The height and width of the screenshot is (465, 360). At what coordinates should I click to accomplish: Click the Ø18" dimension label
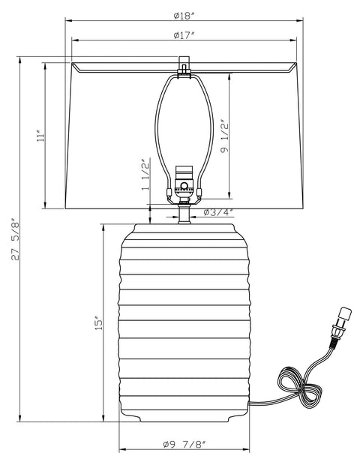tap(184, 16)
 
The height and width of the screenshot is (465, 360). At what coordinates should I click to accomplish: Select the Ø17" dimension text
tap(184, 35)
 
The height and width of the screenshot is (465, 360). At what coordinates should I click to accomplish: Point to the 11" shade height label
tap(40, 136)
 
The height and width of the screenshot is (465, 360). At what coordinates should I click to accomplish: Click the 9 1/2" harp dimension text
tap(224, 136)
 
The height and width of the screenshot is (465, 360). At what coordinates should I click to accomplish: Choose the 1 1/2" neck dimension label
tap(145, 175)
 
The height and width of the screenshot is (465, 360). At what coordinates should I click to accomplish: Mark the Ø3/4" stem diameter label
tap(218, 212)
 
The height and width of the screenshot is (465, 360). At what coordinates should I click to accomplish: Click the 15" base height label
tap(98, 323)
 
